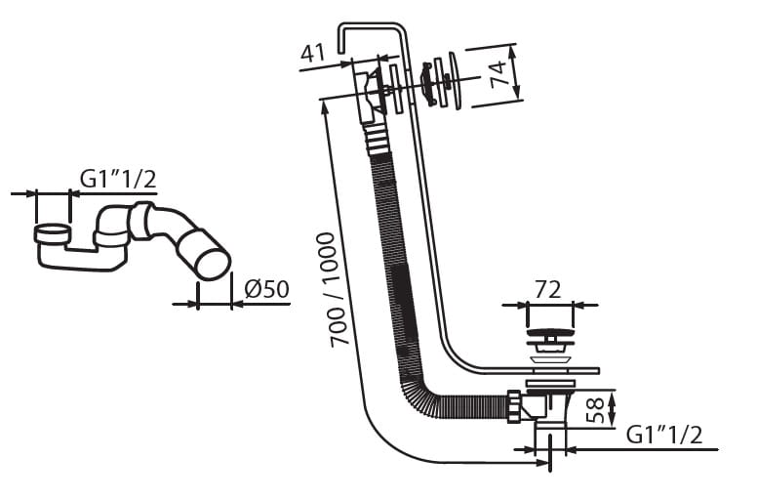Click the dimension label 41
[312, 53]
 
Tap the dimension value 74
[498, 74]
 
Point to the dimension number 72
[549, 290]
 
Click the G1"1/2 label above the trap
[118, 179]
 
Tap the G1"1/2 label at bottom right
[663, 435]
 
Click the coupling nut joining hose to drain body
[513, 405]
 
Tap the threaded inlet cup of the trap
[52, 234]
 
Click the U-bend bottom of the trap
[83, 261]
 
